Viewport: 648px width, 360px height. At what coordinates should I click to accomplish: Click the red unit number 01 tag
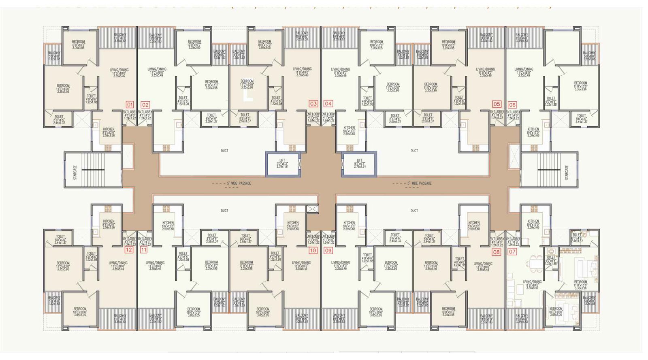[x=130, y=104]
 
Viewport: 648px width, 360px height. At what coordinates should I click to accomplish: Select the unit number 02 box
[x=145, y=104]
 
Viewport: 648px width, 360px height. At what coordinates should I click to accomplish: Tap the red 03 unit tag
[x=313, y=104]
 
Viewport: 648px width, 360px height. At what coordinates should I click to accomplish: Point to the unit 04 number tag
[x=328, y=104]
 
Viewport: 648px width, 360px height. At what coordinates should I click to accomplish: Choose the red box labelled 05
[x=497, y=104]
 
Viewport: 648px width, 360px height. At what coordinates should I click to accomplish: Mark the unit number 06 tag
[x=512, y=104]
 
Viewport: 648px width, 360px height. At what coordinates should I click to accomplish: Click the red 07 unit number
[x=512, y=252]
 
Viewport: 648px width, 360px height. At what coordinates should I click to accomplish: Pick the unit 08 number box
[x=496, y=252]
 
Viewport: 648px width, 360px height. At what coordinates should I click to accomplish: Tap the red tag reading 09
[x=328, y=251]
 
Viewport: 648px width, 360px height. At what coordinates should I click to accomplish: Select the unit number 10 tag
[x=313, y=251]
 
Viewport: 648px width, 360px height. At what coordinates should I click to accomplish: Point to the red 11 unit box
[x=144, y=250]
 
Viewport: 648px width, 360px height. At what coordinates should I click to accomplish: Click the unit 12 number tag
[x=129, y=250]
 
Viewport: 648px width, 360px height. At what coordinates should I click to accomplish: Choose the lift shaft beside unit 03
[x=283, y=164]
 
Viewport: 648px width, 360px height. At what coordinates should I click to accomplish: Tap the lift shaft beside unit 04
[x=359, y=164]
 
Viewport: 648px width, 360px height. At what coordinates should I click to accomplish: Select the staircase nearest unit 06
[x=549, y=170]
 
